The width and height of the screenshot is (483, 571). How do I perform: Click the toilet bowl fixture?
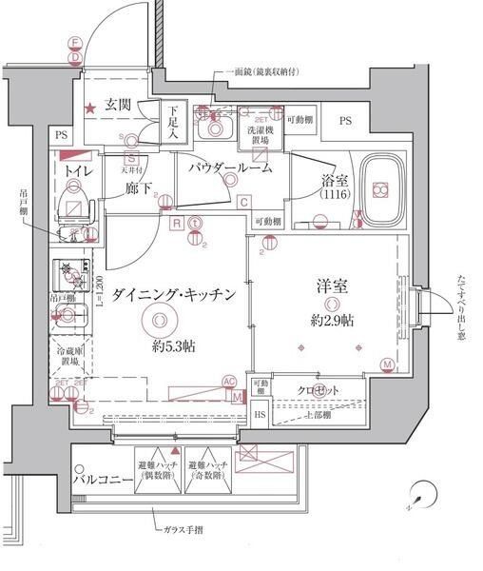coord(72,203)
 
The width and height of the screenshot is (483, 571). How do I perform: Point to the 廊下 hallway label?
coord(139,188)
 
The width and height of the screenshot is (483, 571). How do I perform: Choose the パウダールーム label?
coord(229,167)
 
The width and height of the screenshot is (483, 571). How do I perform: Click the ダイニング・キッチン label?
coord(173,295)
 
